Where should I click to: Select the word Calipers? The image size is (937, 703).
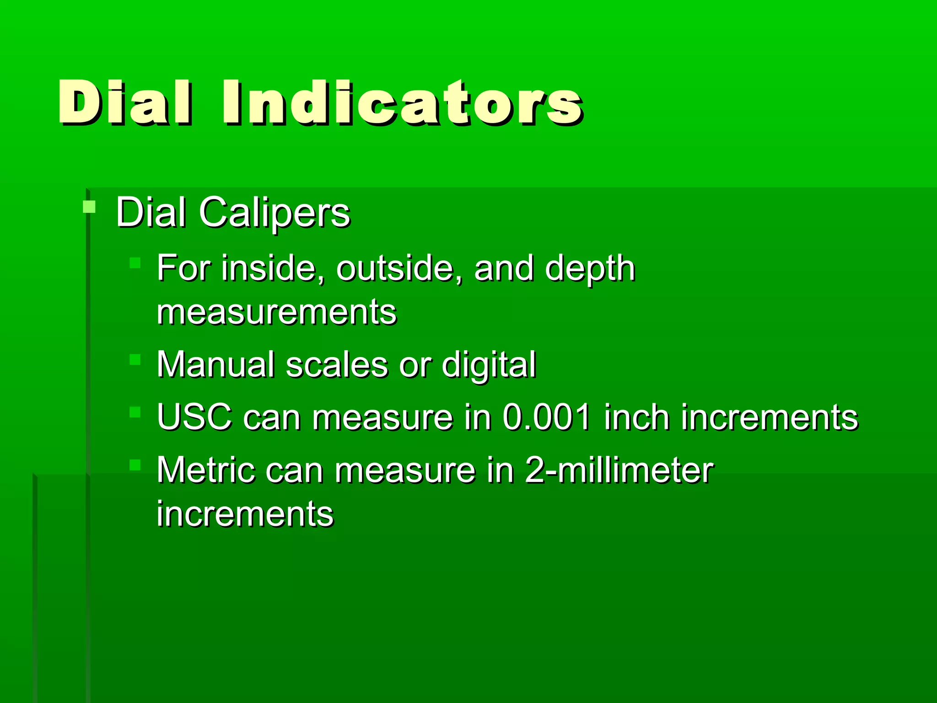coord(274,212)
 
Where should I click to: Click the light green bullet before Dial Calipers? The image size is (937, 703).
coord(89,207)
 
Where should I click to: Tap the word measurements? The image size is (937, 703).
coord(276,312)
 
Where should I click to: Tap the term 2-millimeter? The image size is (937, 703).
coord(619,470)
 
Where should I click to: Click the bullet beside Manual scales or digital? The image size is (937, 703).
coord(135,359)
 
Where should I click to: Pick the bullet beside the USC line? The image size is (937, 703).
coord(135,412)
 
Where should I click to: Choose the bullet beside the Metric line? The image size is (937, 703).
coord(135,465)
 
